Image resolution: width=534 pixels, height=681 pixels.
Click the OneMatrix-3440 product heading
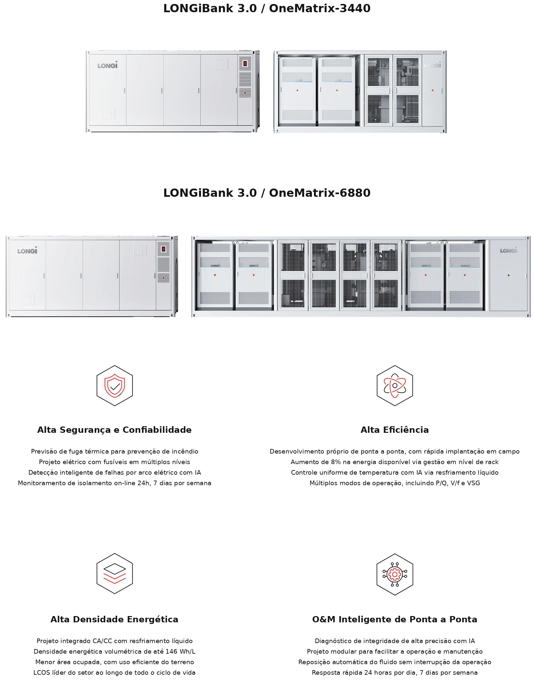(267, 9)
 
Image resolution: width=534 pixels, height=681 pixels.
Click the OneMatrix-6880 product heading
(267, 193)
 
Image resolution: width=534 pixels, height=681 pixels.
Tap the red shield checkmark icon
(115, 386)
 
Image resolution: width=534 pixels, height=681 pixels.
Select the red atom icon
(395, 386)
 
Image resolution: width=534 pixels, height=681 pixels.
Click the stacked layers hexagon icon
(115, 574)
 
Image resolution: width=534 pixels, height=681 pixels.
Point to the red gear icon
(395, 575)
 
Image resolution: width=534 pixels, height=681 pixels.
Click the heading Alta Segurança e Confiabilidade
(114, 430)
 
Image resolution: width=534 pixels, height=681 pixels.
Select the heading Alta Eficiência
(395, 430)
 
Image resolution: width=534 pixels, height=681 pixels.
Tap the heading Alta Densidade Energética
(114, 619)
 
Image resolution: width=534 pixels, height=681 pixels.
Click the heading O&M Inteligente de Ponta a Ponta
(395, 619)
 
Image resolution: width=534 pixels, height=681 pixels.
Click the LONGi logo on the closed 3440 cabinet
(107, 65)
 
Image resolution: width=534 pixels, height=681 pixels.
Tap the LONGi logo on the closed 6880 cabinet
(27, 251)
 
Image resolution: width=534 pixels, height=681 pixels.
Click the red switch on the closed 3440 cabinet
(245, 63)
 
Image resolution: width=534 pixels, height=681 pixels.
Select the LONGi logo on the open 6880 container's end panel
(508, 251)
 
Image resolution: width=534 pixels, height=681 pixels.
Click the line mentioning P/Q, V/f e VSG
(395, 483)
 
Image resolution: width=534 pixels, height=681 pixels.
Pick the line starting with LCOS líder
(114, 672)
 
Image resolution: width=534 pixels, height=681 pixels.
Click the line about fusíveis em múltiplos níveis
(114, 462)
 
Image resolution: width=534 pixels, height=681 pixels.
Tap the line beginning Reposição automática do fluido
(395, 662)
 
